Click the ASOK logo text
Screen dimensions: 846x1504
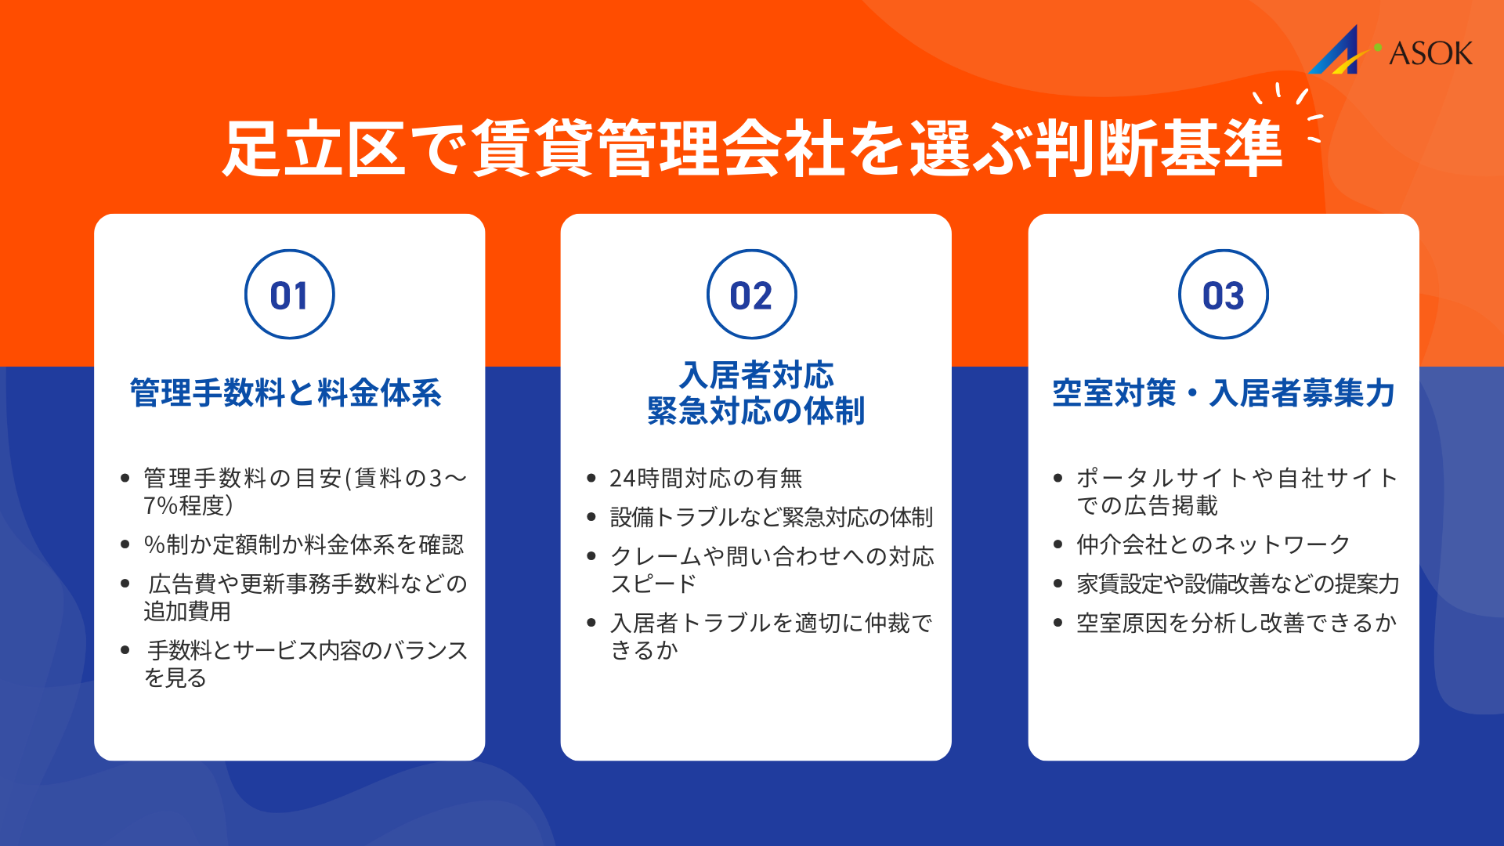coord(1430,53)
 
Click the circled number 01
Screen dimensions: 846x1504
coord(289,295)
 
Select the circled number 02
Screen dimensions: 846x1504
coord(751,295)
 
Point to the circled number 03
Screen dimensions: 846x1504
coord(1223,295)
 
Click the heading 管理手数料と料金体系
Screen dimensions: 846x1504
coord(286,392)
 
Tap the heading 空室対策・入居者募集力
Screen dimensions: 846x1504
coord(1224,392)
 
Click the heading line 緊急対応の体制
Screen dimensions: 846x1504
coord(756,410)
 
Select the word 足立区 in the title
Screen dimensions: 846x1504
coord(313,149)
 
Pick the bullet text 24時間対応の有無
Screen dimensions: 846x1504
coord(706,478)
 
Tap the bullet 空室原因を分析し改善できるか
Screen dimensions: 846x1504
coord(1236,623)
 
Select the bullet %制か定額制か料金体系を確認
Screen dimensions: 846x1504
coord(304,544)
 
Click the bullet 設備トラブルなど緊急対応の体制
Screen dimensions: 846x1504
coord(772,517)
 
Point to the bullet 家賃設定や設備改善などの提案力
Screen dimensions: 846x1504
coord(1238,584)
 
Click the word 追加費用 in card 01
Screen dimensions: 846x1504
coord(187,611)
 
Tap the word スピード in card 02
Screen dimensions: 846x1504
coord(653,584)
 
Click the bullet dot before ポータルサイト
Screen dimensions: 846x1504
coord(1058,478)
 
